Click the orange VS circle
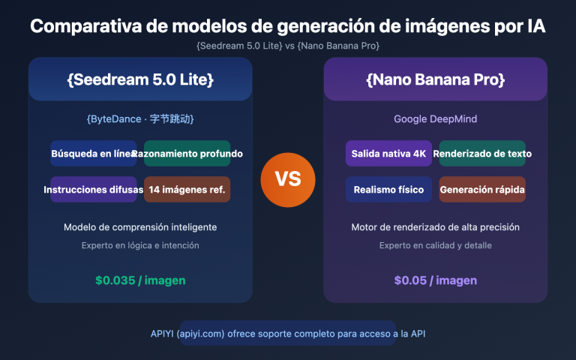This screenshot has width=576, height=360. coord(288,180)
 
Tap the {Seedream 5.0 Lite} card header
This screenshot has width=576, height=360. coord(140,79)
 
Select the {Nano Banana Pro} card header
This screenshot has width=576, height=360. coord(435,79)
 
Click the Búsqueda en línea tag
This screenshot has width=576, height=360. coord(94,154)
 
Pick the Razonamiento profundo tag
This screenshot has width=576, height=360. coord(187,154)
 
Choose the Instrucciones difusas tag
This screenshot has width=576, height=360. coord(94,190)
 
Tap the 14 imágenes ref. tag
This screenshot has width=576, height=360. coord(187,190)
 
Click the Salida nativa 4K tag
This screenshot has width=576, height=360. coord(388,154)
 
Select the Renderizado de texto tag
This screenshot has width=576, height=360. coord(482,154)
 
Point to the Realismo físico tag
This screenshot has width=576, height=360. coord(388,190)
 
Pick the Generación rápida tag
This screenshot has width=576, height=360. coord(482,190)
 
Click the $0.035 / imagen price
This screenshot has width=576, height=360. coord(140,280)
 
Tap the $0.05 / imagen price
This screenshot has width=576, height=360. coord(435,280)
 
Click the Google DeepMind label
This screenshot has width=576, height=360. coord(435,119)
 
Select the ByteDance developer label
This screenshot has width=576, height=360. coord(140,119)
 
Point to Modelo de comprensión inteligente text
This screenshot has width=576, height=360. coord(140,227)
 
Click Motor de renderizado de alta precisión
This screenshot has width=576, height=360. coord(435,227)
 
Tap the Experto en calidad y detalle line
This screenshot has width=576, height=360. coord(435,245)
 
